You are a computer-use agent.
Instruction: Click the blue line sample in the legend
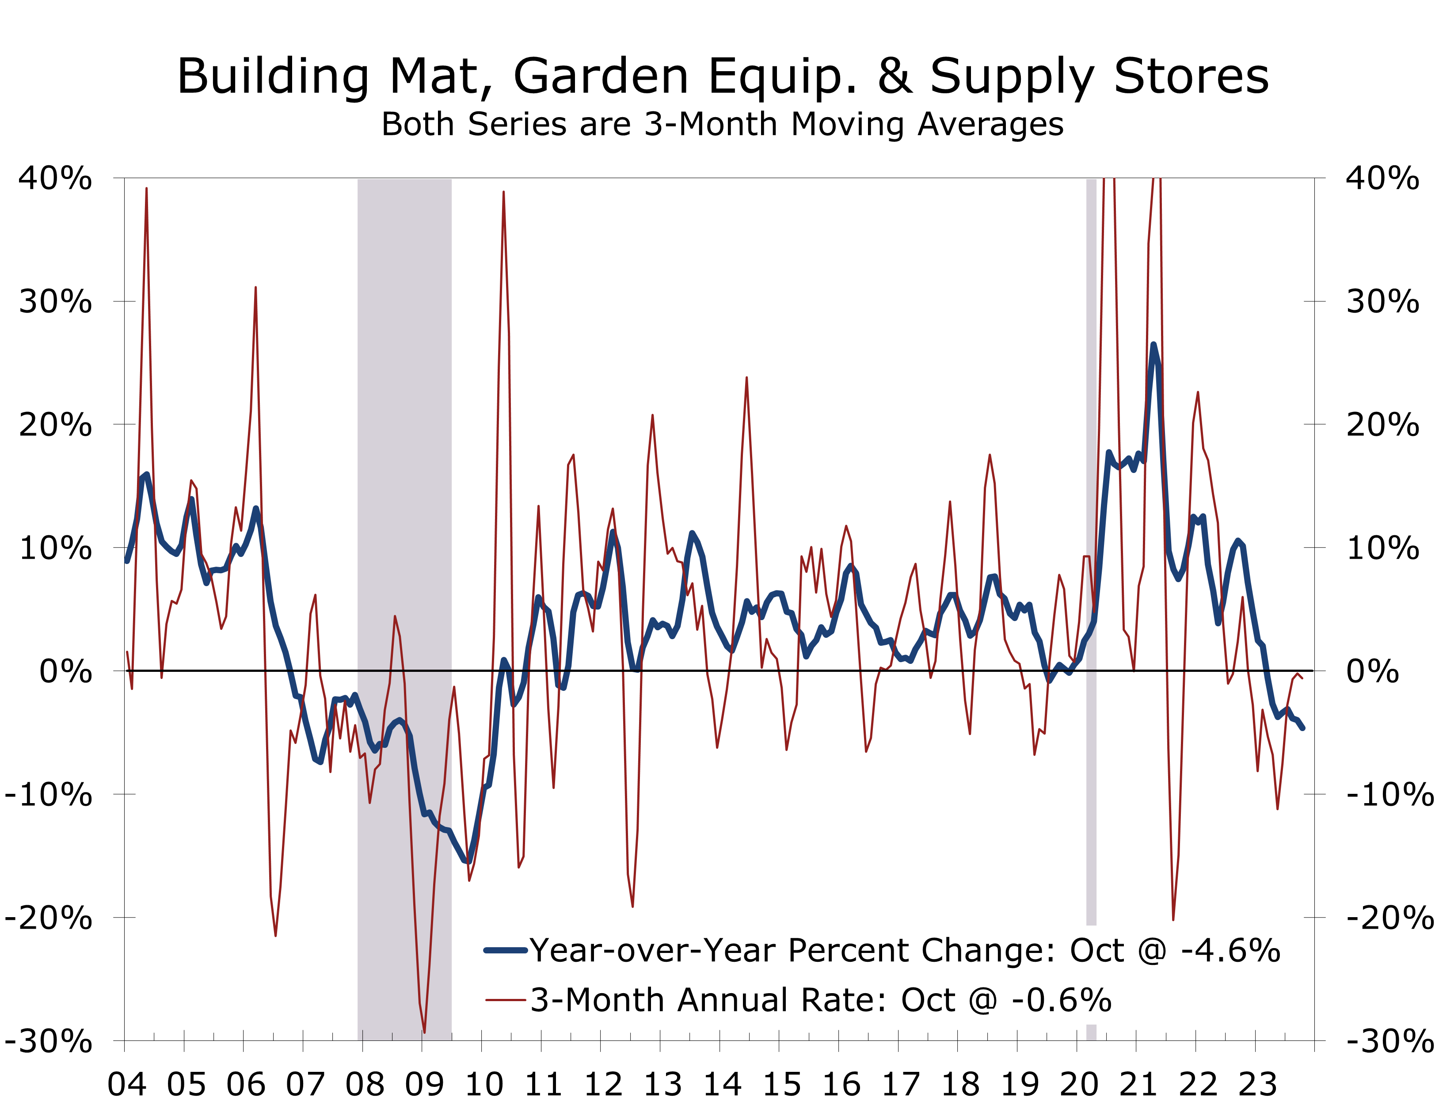pyautogui.click(x=505, y=950)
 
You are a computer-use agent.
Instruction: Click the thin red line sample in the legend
pyautogui.click(x=505, y=1000)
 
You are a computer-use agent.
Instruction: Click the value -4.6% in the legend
pyautogui.click(x=1230, y=950)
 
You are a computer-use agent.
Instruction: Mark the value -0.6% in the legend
pyautogui.click(x=1062, y=1000)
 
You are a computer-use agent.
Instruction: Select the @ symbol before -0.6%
pyautogui.click(x=983, y=1000)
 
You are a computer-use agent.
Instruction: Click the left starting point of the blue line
pyautogui.click(x=127, y=561)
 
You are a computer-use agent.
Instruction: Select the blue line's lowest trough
pyautogui.click(x=468, y=860)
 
